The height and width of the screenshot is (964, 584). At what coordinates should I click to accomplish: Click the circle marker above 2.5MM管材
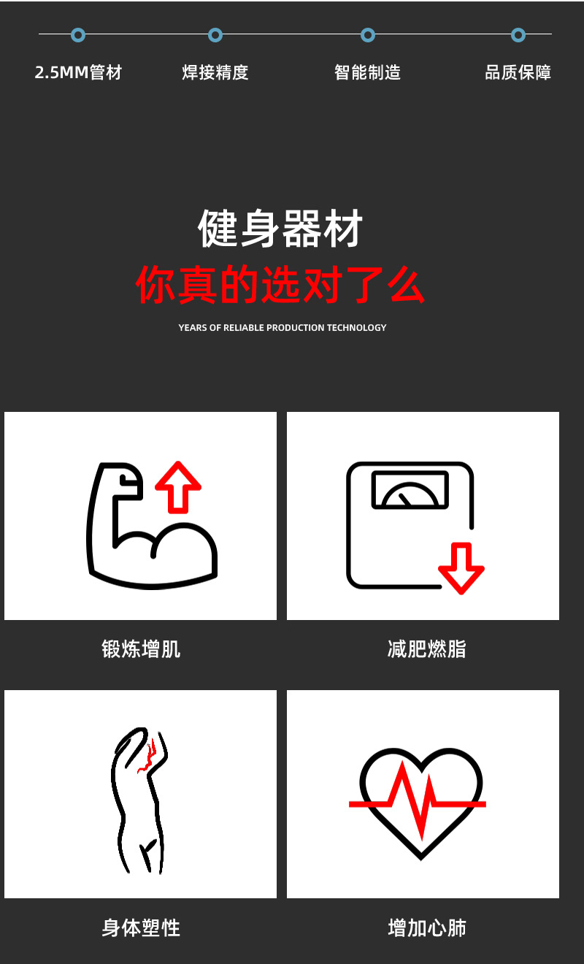coord(78,34)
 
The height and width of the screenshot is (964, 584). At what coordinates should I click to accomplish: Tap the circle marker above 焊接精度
coord(215,34)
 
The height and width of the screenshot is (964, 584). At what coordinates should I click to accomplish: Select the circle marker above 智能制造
coord(368,34)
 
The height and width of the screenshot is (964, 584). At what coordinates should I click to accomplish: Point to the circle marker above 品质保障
coord(518,34)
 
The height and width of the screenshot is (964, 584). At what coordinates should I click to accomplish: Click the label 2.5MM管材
coord(78,72)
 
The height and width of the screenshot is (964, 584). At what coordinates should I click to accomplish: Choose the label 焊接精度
coord(215,72)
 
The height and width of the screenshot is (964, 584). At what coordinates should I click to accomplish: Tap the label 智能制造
coord(368,72)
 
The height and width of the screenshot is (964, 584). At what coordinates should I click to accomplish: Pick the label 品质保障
coord(518,72)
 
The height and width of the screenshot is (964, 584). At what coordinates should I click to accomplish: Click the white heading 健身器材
coord(281,228)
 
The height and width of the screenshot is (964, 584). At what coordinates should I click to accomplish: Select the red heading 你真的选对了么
coord(281,285)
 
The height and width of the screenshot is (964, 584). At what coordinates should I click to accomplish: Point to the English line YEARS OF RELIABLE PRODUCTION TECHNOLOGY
coord(283,327)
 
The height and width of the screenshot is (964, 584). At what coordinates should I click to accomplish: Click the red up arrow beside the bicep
coord(177,486)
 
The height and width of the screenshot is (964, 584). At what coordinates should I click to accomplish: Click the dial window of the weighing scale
coord(410,490)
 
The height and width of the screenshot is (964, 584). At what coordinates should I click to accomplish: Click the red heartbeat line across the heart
coord(416,800)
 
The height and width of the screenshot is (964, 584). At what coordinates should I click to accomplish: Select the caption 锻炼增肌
coord(141,649)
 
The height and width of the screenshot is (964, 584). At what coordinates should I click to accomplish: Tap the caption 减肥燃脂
coord(427,649)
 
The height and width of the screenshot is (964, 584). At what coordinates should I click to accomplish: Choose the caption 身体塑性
coord(141,928)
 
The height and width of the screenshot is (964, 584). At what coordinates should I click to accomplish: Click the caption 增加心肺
coord(427,928)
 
